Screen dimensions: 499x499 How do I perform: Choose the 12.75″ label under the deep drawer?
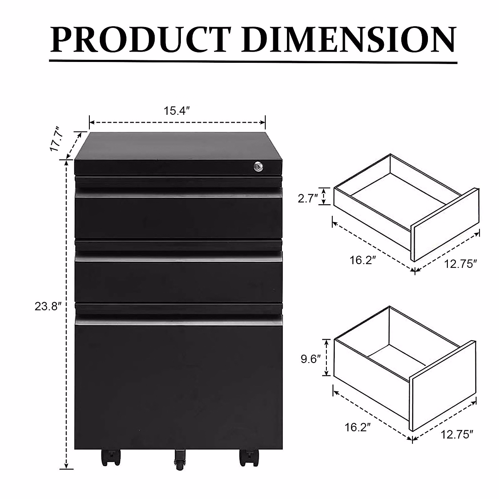(457, 435)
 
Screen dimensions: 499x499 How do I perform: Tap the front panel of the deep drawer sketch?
(443, 385)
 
